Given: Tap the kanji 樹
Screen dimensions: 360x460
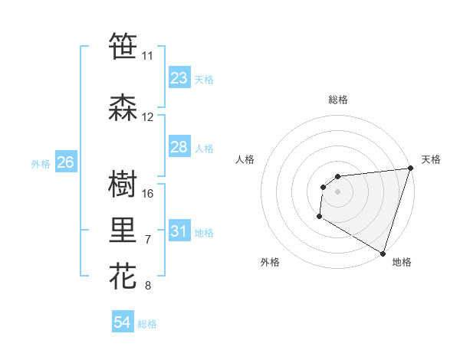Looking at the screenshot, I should tap(123, 185).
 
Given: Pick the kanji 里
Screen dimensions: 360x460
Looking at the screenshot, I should tap(123, 231).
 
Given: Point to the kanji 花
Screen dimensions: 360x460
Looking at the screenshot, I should tap(123, 277).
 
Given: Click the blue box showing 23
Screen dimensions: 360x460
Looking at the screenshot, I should tap(179, 78).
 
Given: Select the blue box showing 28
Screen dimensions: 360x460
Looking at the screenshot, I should tap(179, 147).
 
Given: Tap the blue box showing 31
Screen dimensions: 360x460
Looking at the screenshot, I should tap(179, 231).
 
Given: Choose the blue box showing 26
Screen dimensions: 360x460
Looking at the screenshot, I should tap(65, 162).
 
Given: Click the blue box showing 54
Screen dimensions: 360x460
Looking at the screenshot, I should tap(123, 322).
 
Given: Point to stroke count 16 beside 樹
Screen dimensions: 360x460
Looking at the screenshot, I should tap(148, 193).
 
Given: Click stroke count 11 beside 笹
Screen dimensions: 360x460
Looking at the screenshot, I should tap(147, 56).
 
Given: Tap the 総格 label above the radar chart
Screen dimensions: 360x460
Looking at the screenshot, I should tap(337, 100).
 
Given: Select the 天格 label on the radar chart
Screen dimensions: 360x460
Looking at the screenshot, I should tap(431, 159).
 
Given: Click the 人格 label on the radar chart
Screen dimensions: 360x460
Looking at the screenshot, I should tap(245, 159).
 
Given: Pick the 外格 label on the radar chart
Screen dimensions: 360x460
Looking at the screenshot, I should tap(270, 262).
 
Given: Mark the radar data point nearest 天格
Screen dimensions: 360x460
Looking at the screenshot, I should tap(410, 169).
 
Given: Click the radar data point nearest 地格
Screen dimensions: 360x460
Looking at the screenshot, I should tap(383, 254).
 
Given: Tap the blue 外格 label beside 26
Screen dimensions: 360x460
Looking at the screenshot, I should tap(40, 164).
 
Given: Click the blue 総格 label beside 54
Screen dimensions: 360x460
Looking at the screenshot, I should tap(147, 324).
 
